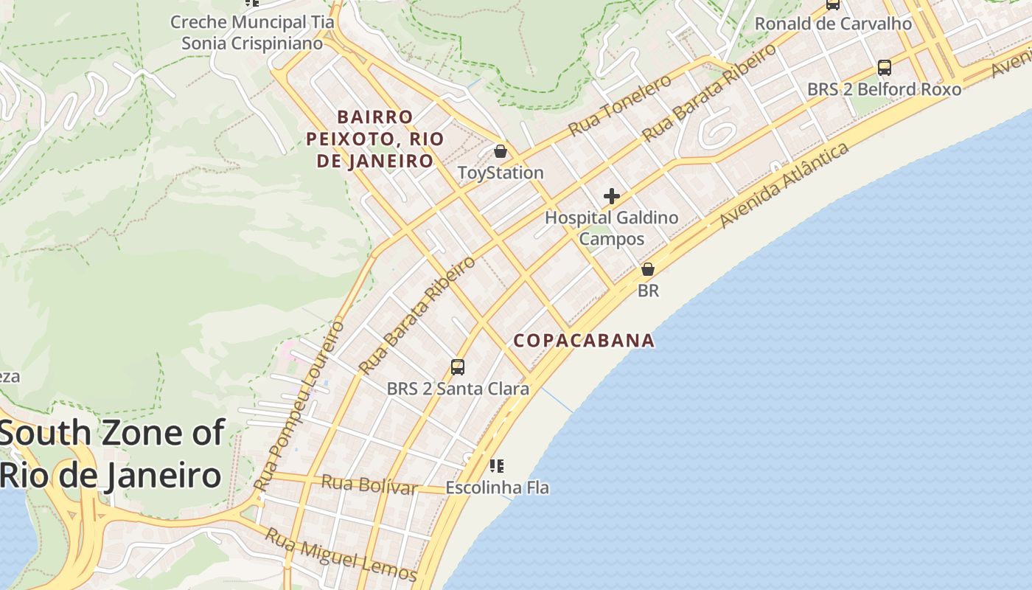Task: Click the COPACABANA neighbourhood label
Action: click(x=584, y=340)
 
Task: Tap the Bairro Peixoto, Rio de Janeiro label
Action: click(x=375, y=139)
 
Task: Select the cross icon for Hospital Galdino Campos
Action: click(x=611, y=196)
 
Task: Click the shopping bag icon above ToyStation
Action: click(x=501, y=151)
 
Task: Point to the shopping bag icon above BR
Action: click(x=648, y=269)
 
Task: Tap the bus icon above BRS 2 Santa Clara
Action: click(x=457, y=367)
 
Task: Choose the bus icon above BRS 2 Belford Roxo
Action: click(x=884, y=68)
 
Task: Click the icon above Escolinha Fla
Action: click(x=497, y=465)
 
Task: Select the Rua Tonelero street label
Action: click(x=620, y=105)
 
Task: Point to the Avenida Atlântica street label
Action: click(x=784, y=185)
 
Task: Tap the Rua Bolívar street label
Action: click(x=369, y=485)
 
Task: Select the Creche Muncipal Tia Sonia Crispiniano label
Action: click(x=252, y=32)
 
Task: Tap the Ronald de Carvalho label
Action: click(x=833, y=24)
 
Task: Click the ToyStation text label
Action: click(x=501, y=173)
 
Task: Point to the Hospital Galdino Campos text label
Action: click(x=611, y=228)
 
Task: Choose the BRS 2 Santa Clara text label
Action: click(x=458, y=388)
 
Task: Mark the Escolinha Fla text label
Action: click(x=497, y=487)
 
